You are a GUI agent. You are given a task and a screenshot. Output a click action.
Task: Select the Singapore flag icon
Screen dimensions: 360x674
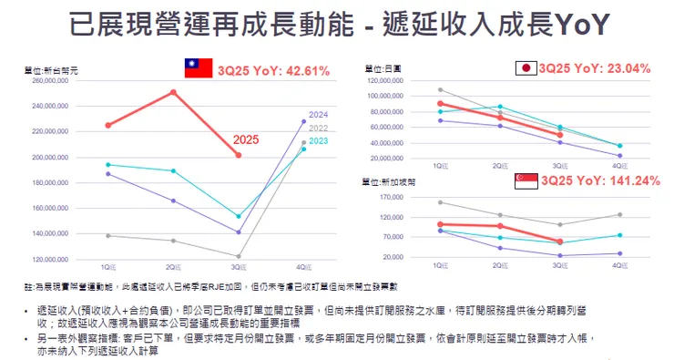[x=526, y=181]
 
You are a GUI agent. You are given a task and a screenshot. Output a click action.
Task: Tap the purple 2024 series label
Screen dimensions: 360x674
[x=318, y=115]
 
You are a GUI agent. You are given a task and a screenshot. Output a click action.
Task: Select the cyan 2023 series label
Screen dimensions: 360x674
[x=318, y=140]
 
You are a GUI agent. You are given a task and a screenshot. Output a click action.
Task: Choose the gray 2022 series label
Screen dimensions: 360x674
[x=318, y=129]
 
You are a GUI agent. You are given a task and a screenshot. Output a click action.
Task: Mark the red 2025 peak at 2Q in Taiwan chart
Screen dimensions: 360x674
[x=173, y=92]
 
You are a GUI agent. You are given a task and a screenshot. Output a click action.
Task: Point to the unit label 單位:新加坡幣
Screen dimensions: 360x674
[x=387, y=182]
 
